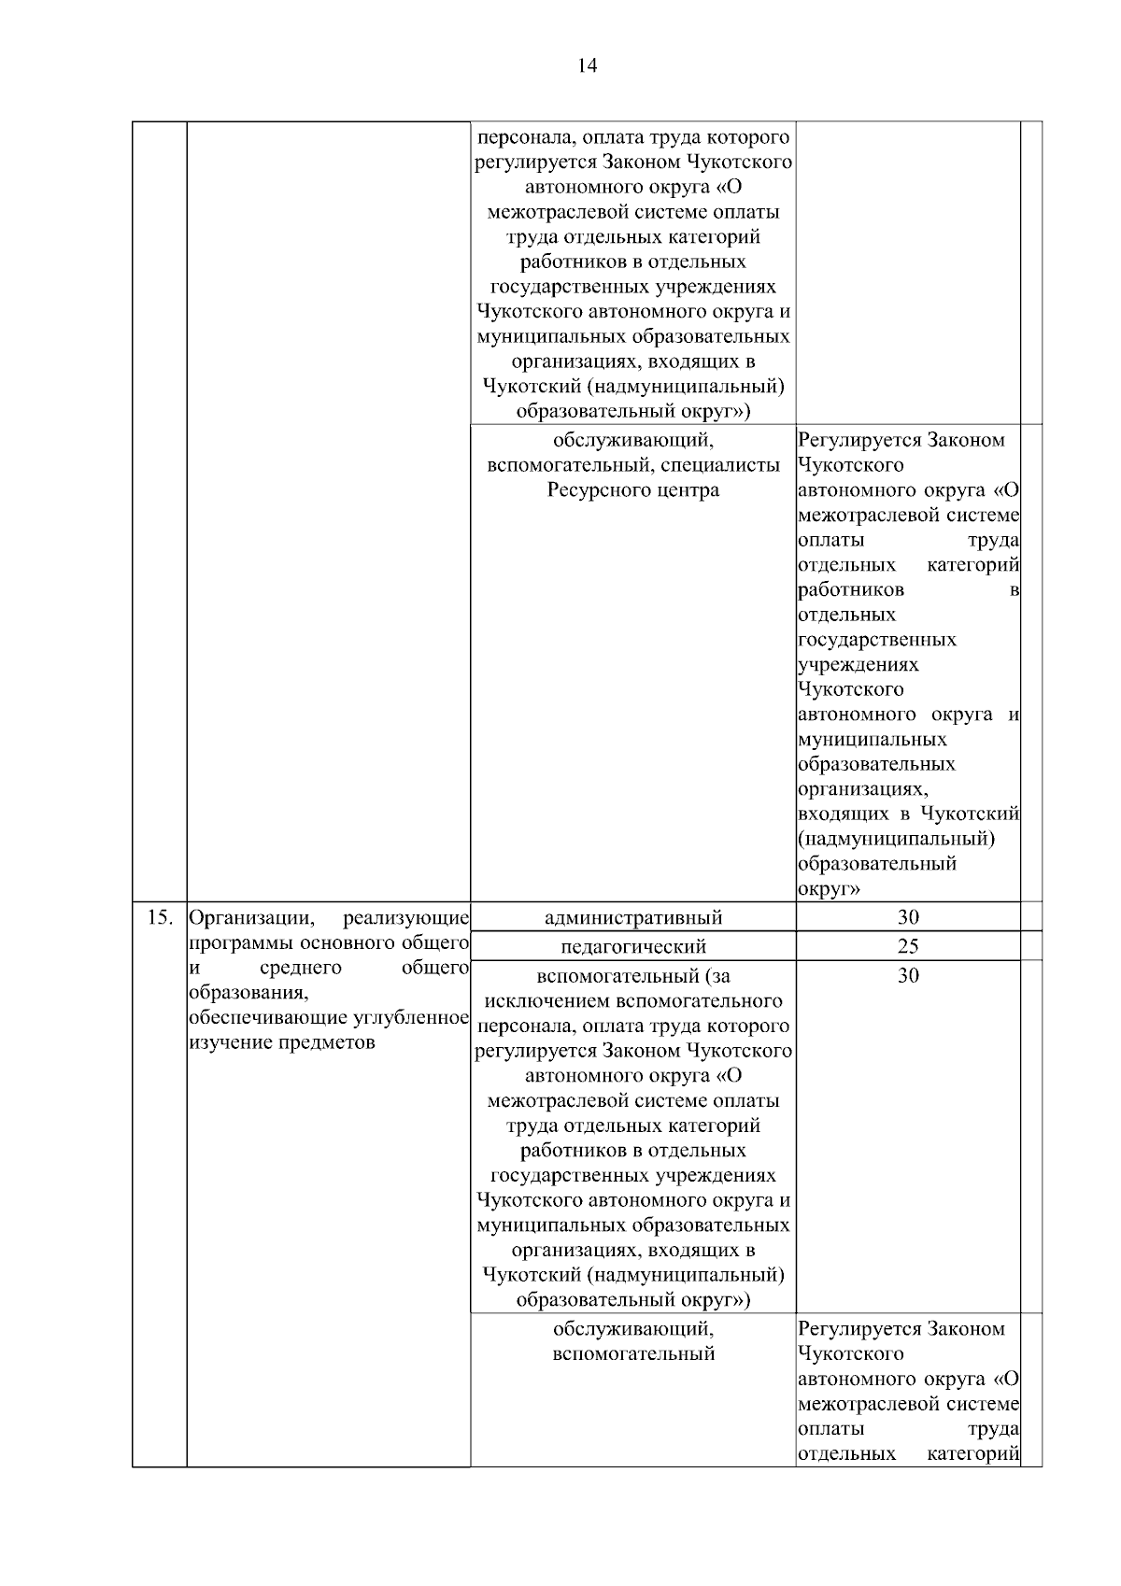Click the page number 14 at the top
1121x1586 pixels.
[x=587, y=66]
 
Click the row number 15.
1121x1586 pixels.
[x=160, y=916]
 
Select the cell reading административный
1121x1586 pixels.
[x=632, y=917]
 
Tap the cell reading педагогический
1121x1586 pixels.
[x=632, y=947]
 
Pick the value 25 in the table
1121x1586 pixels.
[x=908, y=946]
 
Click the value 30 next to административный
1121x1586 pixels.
[x=908, y=916]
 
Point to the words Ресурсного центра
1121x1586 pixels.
[x=632, y=490]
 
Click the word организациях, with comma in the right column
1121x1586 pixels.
[x=864, y=789]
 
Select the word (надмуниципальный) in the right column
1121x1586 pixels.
[x=896, y=839]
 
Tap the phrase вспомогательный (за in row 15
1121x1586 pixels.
[x=632, y=977]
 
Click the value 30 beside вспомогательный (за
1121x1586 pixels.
[x=908, y=976]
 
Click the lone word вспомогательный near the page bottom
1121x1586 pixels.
[x=632, y=1353]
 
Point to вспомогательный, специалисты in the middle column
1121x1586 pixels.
[x=632, y=465]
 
